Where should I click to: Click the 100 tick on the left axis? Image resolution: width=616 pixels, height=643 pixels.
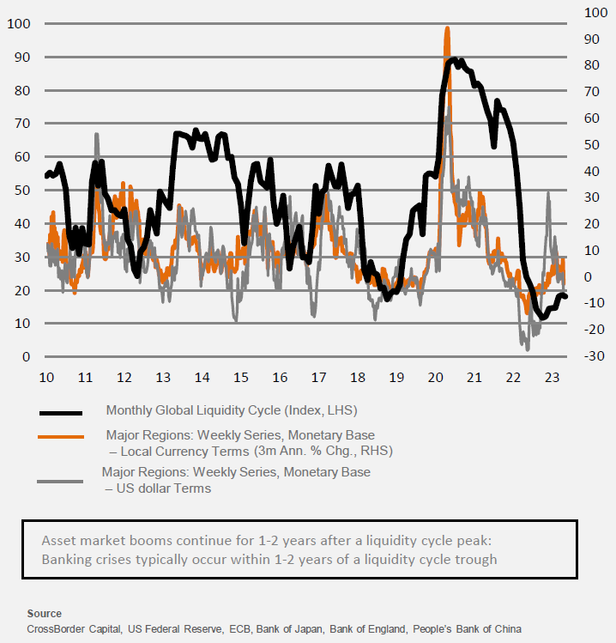click(x=18, y=23)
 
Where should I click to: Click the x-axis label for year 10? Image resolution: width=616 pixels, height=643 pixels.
click(x=46, y=377)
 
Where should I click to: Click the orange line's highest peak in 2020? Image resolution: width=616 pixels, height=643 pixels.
click(x=447, y=28)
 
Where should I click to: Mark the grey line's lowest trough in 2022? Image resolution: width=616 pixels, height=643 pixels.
click(x=527, y=349)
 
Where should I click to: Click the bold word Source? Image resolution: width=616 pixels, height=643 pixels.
click(x=45, y=614)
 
